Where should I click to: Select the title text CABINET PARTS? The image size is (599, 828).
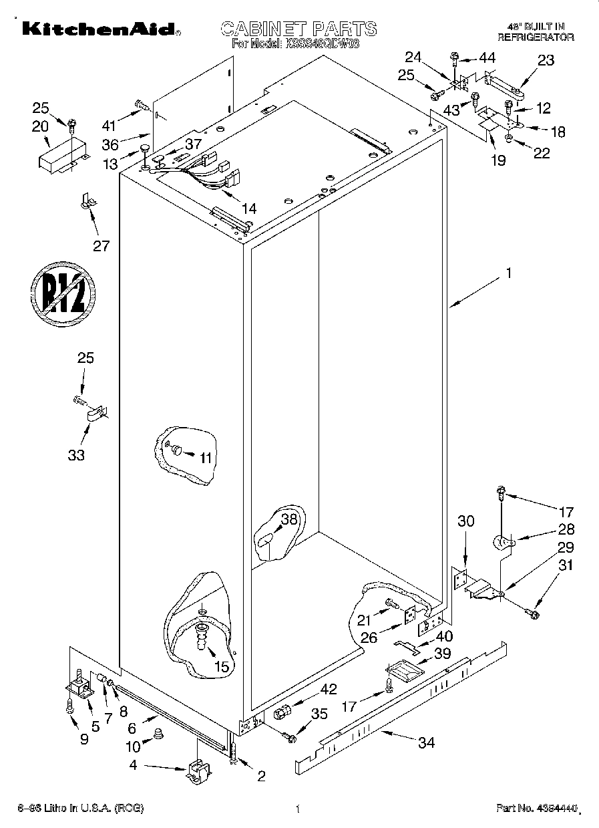(x=298, y=28)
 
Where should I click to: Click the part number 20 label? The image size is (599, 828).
(x=39, y=126)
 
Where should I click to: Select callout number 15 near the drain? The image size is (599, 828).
(x=221, y=666)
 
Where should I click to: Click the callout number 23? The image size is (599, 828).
(x=546, y=61)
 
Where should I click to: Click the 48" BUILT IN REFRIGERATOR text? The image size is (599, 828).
(x=536, y=33)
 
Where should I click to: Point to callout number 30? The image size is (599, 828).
(x=465, y=521)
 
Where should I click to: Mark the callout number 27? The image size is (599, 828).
(x=101, y=245)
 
